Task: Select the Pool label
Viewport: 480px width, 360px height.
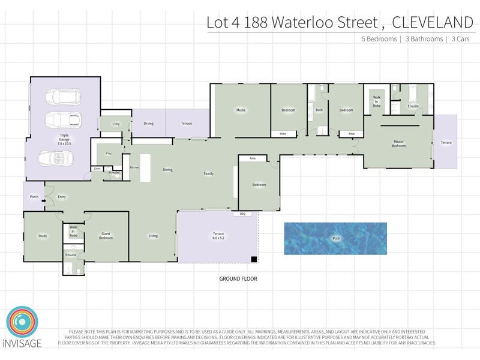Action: [x=335, y=238]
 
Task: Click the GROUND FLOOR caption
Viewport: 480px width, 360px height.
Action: [x=238, y=279]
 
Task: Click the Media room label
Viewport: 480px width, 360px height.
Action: [x=241, y=110]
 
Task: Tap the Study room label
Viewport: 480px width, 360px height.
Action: [x=43, y=236]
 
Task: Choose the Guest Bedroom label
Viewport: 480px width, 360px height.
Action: [x=106, y=236]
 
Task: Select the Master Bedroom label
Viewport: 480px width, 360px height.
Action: [x=399, y=144]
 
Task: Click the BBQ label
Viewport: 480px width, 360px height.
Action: [x=243, y=214]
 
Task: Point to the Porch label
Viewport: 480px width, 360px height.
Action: [x=34, y=197]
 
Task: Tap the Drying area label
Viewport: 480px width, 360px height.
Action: [x=148, y=124]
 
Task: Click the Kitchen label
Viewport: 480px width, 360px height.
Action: [x=134, y=167]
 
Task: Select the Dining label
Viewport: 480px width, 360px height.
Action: [x=168, y=170]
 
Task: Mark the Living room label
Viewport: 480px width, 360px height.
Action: [x=154, y=236]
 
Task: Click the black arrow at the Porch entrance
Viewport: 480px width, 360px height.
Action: [x=44, y=201]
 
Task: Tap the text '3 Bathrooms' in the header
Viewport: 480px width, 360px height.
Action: [x=422, y=39]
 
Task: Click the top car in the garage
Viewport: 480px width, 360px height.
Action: [x=62, y=97]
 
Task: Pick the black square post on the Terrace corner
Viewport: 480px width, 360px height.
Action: [x=254, y=259]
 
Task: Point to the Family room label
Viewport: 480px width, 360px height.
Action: [x=208, y=174]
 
